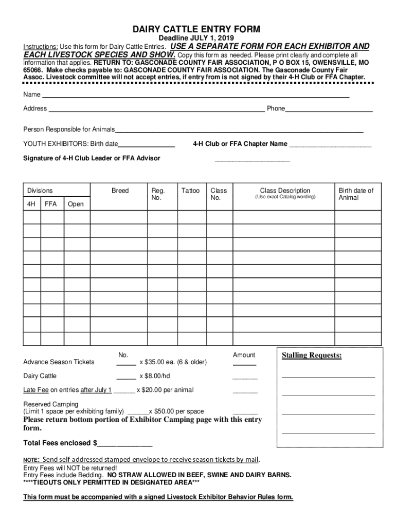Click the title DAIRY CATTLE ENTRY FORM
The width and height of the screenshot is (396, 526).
[x=197, y=29]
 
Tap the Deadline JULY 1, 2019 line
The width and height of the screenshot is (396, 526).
[x=197, y=39]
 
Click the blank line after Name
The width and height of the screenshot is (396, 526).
[x=195, y=96]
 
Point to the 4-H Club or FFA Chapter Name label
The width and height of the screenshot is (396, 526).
[x=240, y=144]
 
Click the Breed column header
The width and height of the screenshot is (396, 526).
[x=120, y=191]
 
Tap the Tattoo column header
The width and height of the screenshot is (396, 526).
[x=190, y=191]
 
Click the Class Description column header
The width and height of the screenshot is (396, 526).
[x=285, y=191]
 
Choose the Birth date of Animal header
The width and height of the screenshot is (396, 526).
[x=356, y=194]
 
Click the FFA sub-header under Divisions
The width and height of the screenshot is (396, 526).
[x=51, y=204]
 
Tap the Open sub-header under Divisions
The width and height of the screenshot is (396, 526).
[x=76, y=204]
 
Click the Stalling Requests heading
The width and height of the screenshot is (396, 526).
[x=312, y=355]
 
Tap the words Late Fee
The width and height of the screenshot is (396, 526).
[x=35, y=390]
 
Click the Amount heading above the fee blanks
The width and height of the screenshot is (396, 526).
[x=244, y=355]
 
